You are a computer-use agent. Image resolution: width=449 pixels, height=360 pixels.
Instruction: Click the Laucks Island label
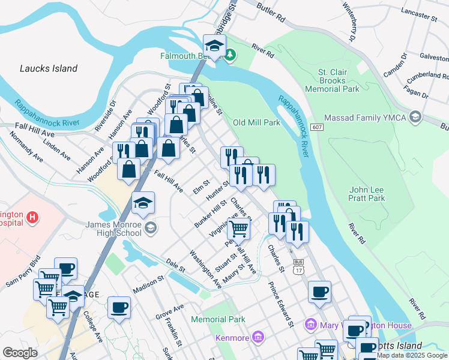(49, 68)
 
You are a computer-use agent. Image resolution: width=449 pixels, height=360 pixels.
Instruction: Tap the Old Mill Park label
(256, 122)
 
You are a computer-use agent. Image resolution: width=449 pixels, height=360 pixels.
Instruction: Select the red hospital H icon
(33, 217)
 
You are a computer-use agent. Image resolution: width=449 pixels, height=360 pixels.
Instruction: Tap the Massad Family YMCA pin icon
(414, 118)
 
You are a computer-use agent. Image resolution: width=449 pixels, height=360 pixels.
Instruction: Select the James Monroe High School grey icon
(151, 227)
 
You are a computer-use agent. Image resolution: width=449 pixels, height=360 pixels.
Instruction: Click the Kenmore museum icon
(258, 338)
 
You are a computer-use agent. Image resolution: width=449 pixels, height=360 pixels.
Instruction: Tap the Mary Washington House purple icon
(310, 325)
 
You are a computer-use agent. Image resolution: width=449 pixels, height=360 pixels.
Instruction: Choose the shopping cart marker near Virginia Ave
(239, 228)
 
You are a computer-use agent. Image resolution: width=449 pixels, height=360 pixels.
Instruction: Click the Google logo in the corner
(20, 352)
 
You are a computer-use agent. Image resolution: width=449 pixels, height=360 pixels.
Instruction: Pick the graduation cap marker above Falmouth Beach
(214, 44)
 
